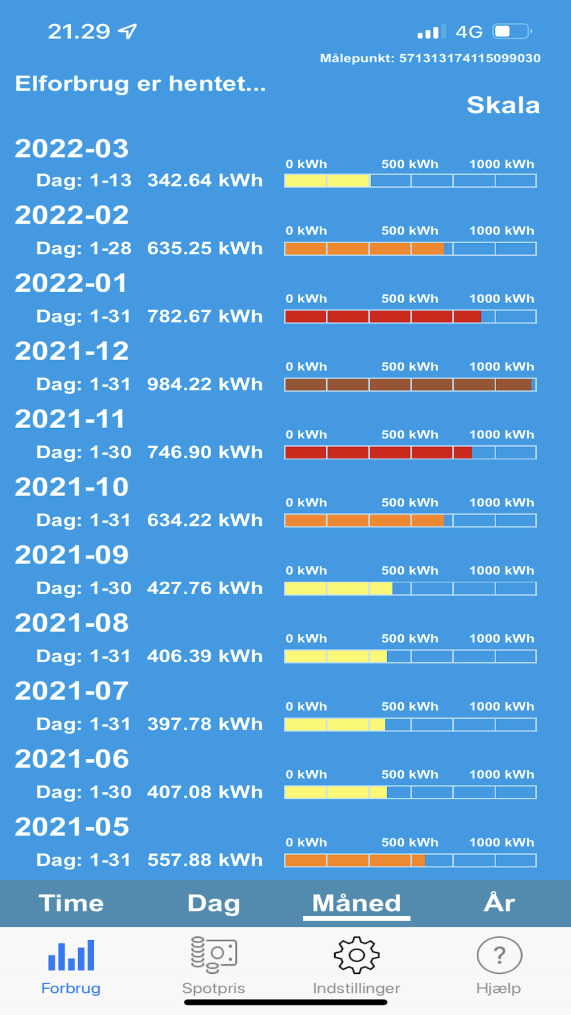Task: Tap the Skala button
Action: tap(503, 105)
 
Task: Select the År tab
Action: tap(499, 903)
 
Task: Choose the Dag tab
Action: tap(214, 903)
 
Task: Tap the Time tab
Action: tap(71, 903)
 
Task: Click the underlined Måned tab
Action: tap(356, 903)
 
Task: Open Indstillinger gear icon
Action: tap(356, 954)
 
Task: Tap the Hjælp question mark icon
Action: tap(499, 954)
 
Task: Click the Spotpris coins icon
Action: tap(214, 954)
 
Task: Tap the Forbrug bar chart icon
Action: tap(71, 954)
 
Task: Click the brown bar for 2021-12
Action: tap(408, 384)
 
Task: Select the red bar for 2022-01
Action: tap(383, 316)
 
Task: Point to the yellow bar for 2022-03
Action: tap(327, 181)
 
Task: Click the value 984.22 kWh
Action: tap(205, 384)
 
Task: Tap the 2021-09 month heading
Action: tap(72, 555)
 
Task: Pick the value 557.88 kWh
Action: tap(205, 860)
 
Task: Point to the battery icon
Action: tap(512, 31)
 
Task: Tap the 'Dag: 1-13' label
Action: tap(84, 180)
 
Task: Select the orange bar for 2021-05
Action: tap(355, 860)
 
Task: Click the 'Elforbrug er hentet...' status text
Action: tap(140, 84)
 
